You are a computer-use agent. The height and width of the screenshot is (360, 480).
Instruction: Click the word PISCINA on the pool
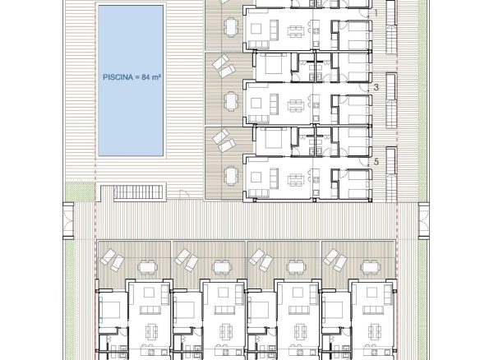[x=118, y=77]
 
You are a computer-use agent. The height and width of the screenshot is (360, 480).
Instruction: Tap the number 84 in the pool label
[x=145, y=77]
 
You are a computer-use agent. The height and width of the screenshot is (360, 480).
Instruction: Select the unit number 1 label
[x=376, y=13]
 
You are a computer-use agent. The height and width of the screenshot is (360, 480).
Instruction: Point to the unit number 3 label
[x=376, y=87]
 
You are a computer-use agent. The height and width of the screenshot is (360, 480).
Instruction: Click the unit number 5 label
[x=376, y=161]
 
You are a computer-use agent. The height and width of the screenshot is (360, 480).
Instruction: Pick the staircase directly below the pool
[x=138, y=192]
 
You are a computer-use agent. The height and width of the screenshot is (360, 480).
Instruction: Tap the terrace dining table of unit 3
[x=230, y=101]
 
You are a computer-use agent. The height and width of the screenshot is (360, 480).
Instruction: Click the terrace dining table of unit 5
[x=230, y=175]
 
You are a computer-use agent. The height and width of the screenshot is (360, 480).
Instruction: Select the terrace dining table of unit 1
[x=230, y=26]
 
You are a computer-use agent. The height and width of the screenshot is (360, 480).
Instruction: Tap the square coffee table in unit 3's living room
[x=256, y=104]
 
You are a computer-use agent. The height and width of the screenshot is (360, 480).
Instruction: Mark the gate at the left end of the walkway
[x=68, y=220]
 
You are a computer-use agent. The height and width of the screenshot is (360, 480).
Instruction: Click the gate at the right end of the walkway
[x=423, y=220]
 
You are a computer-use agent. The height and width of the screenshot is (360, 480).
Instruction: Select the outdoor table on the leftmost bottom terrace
[x=148, y=267]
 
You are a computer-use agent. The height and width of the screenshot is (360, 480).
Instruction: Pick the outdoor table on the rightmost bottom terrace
[x=371, y=267]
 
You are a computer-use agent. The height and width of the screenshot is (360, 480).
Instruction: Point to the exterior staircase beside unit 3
[x=391, y=101]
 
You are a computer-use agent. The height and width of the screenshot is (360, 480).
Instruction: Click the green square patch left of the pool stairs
[x=80, y=192]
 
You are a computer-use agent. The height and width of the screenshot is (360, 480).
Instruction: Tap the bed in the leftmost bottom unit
[x=110, y=309]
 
